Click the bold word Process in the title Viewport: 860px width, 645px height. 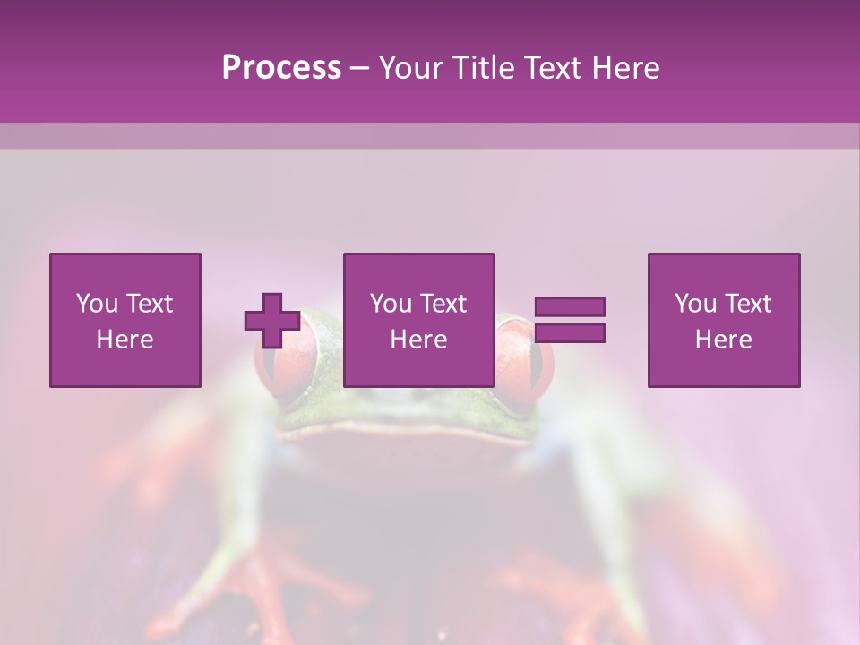pyautogui.click(x=281, y=68)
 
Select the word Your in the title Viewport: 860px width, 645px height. pyautogui.click(x=411, y=68)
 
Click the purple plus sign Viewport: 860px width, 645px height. pyautogui.click(x=272, y=321)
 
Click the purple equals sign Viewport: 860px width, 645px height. pyautogui.click(x=570, y=320)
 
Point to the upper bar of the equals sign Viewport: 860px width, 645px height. pyautogui.click(x=570, y=307)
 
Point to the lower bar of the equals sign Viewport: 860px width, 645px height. pyautogui.click(x=570, y=332)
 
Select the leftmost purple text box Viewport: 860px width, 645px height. pyautogui.click(x=125, y=321)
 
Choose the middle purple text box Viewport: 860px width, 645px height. pyautogui.click(x=419, y=321)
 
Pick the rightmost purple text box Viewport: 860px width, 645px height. pyautogui.click(x=724, y=321)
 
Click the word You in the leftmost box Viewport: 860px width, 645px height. pyautogui.click(x=96, y=304)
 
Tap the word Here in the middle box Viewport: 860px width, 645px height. pyautogui.click(x=419, y=340)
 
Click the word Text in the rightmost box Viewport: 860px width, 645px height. pyautogui.click(x=747, y=304)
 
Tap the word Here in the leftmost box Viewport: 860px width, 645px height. pyautogui.click(x=125, y=340)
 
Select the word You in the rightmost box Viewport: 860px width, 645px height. pyautogui.click(x=694, y=304)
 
